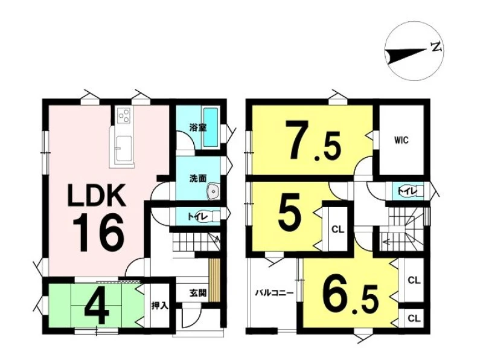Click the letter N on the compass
(x=437, y=47)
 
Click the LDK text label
(x=97, y=195)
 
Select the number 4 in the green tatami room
(x=97, y=309)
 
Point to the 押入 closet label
(x=159, y=306)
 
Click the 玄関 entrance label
(x=197, y=294)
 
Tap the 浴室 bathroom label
(x=197, y=127)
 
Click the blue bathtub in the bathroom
(x=212, y=127)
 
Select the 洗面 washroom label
(x=198, y=178)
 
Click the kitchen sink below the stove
(x=124, y=149)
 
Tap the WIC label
(x=401, y=140)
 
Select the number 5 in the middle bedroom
(x=289, y=214)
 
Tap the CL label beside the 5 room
(x=337, y=230)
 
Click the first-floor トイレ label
(x=198, y=216)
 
